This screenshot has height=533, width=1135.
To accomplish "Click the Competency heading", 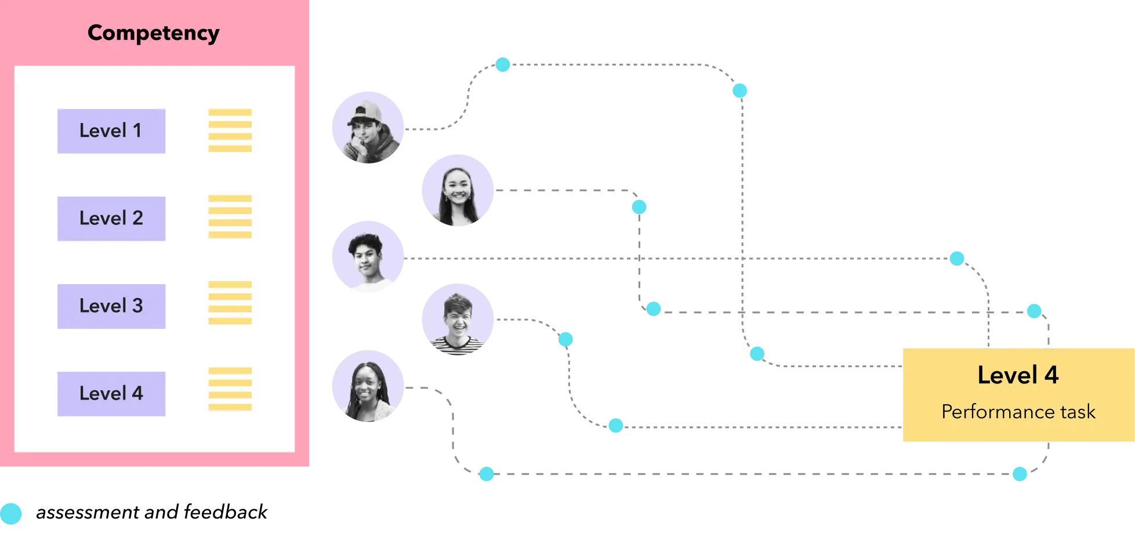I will click(x=153, y=33).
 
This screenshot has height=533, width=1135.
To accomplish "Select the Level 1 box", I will click(x=111, y=131).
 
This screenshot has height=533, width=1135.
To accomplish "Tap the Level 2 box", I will click(x=111, y=219).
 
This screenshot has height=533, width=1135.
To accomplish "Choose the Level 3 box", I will click(x=111, y=306).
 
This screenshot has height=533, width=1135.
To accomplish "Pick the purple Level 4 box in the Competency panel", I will click(x=111, y=394).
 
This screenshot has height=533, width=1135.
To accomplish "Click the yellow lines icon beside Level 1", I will click(x=230, y=130).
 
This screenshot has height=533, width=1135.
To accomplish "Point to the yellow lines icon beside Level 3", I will click(x=230, y=303).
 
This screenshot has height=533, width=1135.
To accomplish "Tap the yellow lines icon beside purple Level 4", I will click(x=230, y=389).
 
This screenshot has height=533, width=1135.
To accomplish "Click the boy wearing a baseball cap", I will click(x=367, y=128).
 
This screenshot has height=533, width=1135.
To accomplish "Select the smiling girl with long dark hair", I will click(x=457, y=190).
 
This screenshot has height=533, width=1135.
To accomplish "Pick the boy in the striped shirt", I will click(x=457, y=320).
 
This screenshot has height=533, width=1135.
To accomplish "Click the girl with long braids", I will click(x=367, y=385).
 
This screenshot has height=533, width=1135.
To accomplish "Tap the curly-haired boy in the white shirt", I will click(x=367, y=256).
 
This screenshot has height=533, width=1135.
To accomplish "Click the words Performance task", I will click(x=1018, y=412).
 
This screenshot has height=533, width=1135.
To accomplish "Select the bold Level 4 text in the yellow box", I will click(x=1018, y=375).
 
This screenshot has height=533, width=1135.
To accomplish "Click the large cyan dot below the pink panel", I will click(x=10, y=514).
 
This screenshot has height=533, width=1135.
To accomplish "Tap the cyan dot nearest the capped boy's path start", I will click(x=503, y=64).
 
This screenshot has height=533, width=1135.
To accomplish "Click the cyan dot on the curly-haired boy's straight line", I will click(x=956, y=258).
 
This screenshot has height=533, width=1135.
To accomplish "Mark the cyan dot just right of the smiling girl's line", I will click(x=639, y=207).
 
